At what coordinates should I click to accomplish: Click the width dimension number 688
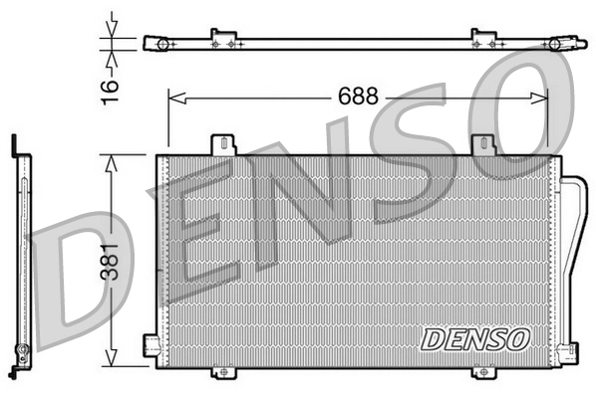357,98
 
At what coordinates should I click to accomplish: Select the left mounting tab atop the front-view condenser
224,144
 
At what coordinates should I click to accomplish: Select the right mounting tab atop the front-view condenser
484,145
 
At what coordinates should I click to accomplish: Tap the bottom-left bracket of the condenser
151,345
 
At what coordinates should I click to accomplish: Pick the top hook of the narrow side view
14,145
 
